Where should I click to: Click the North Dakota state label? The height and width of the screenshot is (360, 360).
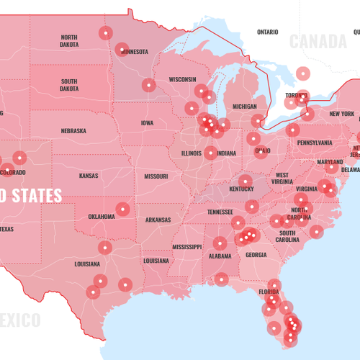click(69, 40)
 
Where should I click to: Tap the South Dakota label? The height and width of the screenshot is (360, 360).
click(69, 85)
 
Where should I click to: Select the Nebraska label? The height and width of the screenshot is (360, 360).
click(73, 131)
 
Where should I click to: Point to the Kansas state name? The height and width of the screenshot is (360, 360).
click(89, 176)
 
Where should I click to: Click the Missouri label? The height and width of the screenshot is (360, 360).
click(156, 176)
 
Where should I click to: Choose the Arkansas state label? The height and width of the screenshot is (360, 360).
click(158, 219)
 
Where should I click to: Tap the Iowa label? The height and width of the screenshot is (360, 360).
click(147, 123)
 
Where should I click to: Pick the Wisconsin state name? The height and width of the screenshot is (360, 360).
click(182, 79)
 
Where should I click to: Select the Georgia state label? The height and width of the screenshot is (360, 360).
click(256, 255)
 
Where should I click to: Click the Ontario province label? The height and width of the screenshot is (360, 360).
click(267, 32)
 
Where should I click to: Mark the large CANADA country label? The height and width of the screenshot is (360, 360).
click(318, 41)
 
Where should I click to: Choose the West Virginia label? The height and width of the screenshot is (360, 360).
click(282, 179)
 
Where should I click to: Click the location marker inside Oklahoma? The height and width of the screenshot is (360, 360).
click(123, 210)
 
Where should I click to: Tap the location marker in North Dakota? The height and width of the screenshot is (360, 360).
click(106, 32)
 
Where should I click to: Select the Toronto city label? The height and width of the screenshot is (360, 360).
click(296, 95)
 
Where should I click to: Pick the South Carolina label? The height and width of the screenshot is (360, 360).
click(287, 237)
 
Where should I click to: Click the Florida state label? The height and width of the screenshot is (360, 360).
click(269, 292)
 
